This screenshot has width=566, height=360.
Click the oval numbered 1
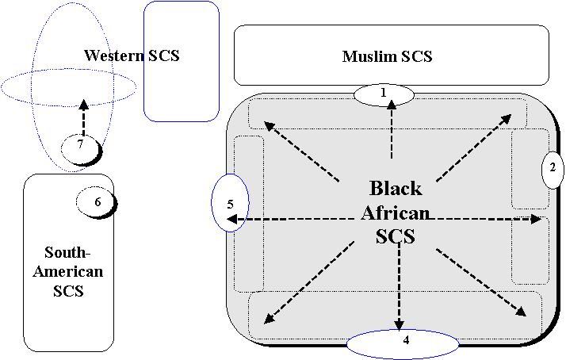point(384,94)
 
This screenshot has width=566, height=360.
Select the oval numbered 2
point(552,167)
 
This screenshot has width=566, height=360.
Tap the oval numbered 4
point(403,343)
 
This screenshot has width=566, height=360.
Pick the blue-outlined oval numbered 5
point(231,203)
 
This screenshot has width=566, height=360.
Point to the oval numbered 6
point(95,201)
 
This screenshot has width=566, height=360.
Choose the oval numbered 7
point(80,147)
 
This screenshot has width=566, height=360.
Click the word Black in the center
point(396,189)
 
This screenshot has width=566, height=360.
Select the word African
point(396,213)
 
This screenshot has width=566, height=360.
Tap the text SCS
point(396,236)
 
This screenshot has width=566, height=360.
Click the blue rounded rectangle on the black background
point(182,61)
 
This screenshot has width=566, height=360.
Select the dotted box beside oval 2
point(529,169)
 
